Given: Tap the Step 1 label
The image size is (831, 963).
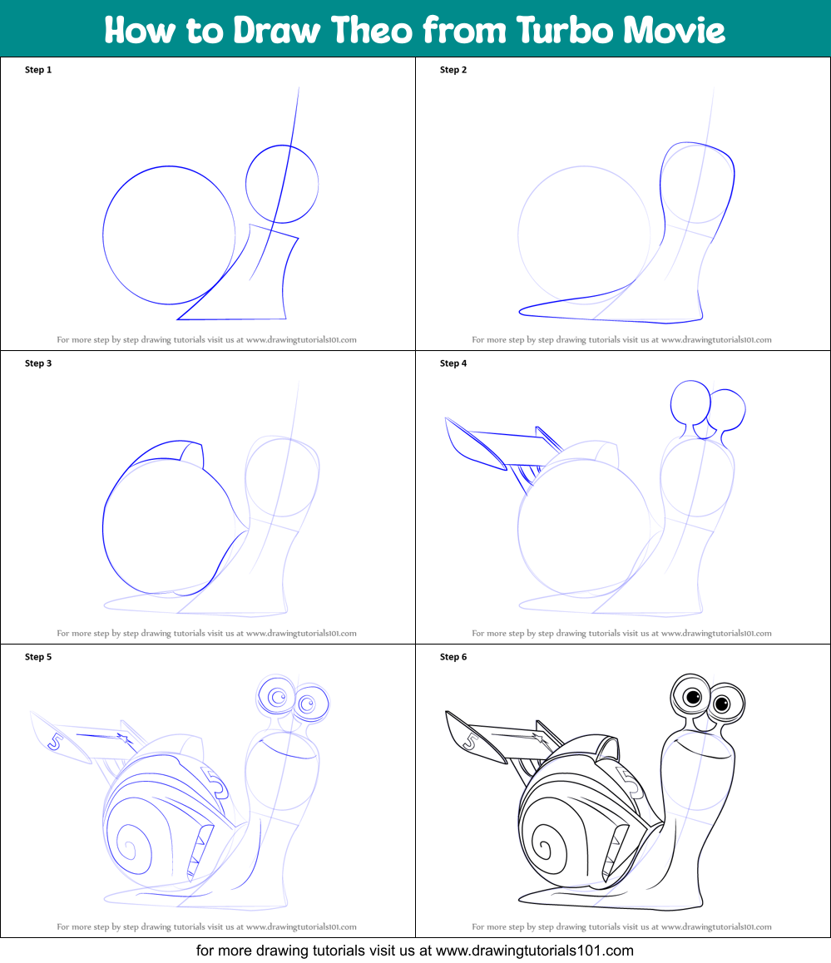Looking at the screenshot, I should click(38, 70).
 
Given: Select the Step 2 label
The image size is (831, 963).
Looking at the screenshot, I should click(453, 70).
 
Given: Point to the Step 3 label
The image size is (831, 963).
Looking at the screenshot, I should click(38, 363).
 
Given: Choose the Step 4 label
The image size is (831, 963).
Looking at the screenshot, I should click(453, 363).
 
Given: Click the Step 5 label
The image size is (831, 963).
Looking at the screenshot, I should click(38, 657).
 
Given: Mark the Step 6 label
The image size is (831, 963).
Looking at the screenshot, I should click(453, 657).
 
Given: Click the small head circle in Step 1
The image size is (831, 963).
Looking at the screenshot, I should click(282, 184).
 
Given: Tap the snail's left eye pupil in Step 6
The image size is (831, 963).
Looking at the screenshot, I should click(692, 696).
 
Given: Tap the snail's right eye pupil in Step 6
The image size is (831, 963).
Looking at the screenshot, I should click(723, 705).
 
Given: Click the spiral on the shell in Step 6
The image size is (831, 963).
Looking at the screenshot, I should click(544, 849).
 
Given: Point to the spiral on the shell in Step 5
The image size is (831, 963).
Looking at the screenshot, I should click(129, 849).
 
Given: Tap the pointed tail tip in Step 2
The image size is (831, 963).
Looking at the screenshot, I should click(522, 312).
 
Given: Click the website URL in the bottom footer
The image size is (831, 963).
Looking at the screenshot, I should click(534, 951).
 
